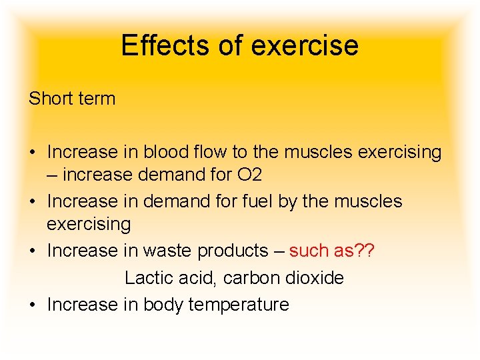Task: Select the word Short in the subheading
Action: click(50, 99)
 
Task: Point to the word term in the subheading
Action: click(97, 99)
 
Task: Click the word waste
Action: click(175, 251)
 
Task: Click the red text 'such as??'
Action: click(331, 251)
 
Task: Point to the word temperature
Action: click(239, 305)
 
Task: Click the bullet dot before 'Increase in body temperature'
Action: click(31, 305)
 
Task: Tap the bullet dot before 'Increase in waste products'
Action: click(31, 251)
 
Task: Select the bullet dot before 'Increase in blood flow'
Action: click(31, 153)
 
